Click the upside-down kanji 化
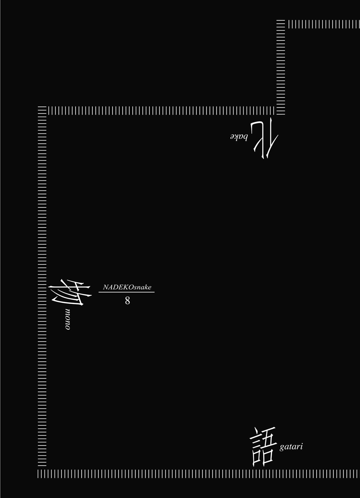tap(265, 138)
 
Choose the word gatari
tap(291, 446)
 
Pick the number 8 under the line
tap(127, 301)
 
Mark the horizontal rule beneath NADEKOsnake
tap(126, 292)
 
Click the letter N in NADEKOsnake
tap(106, 287)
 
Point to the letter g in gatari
tap(282, 448)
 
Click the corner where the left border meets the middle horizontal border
tap(42, 111)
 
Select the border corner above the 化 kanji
tap(280, 111)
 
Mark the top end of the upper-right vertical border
tap(280, 20)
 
